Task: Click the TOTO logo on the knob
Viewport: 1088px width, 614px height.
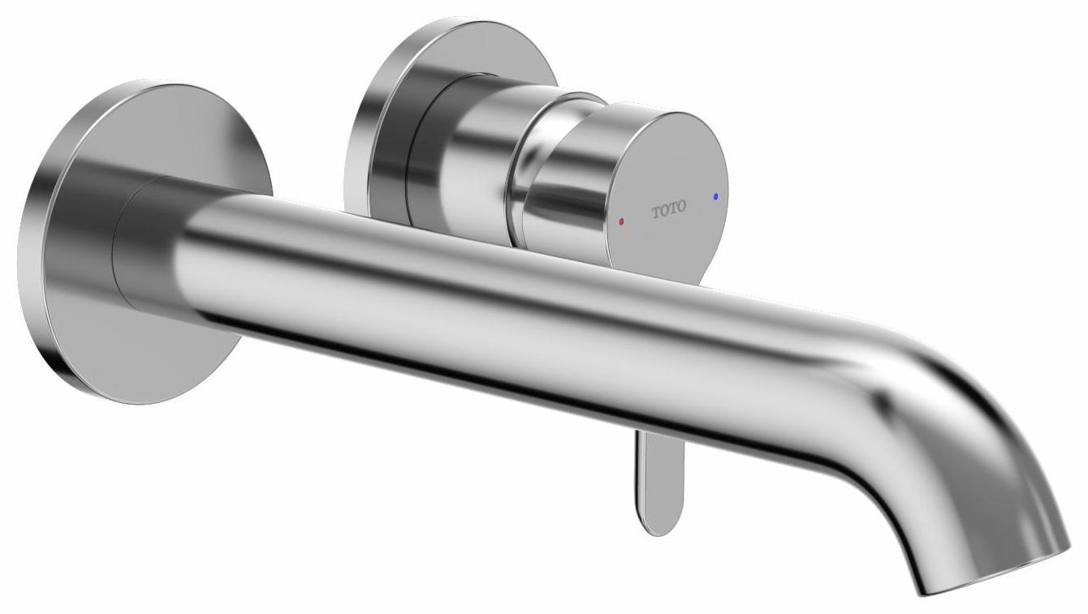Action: [x=669, y=209]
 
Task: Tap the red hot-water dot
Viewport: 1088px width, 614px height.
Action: [x=622, y=221]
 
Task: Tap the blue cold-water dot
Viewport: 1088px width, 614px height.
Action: [x=715, y=196]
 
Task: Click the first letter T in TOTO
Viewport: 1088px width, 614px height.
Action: [x=656, y=213]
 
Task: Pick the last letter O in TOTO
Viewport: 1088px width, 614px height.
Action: [x=681, y=207]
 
